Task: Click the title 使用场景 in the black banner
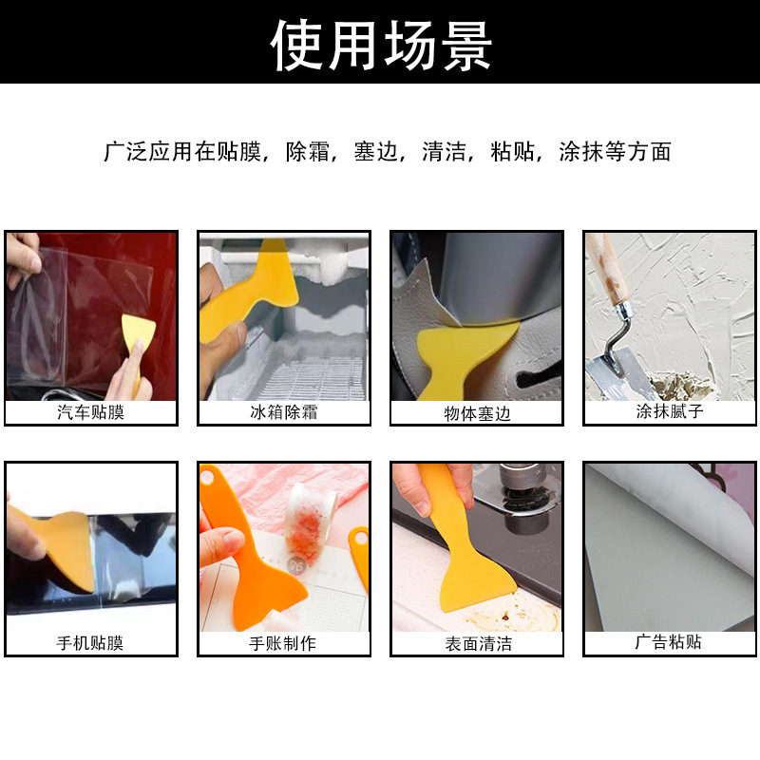click(x=380, y=43)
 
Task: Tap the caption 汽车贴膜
click(x=90, y=412)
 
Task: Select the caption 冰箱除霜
click(x=283, y=412)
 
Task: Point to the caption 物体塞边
click(x=477, y=413)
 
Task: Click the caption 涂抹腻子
click(x=669, y=412)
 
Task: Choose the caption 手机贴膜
click(x=90, y=643)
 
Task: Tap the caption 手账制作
click(x=283, y=643)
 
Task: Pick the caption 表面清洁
click(x=477, y=643)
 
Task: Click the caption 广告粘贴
click(x=669, y=642)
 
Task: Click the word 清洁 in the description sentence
click(x=444, y=152)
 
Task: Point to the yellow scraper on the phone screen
click(x=52, y=546)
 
